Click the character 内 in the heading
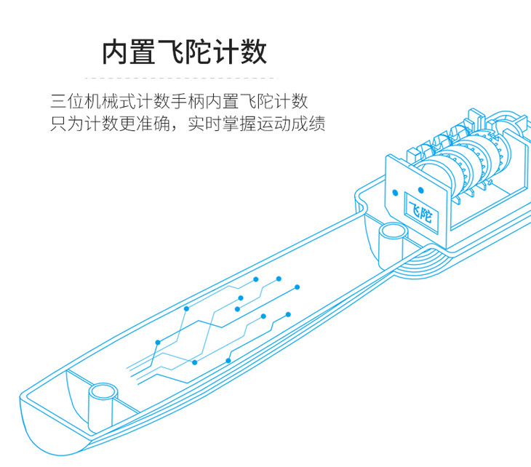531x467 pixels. pyautogui.click(x=116, y=52)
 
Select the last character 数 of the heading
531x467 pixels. pyautogui.click(x=252, y=52)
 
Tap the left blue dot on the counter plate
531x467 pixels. pyautogui.click(x=395, y=193)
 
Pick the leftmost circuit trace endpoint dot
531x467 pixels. pyautogui.click(x=159, y=340)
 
